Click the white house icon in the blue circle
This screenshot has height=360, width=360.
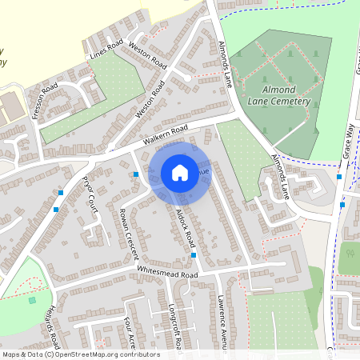pos(180,172)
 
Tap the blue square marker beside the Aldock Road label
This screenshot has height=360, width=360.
pos(194,255)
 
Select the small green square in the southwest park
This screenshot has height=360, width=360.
pos(32,300)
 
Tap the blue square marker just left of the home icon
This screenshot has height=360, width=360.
pos(136,174)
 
